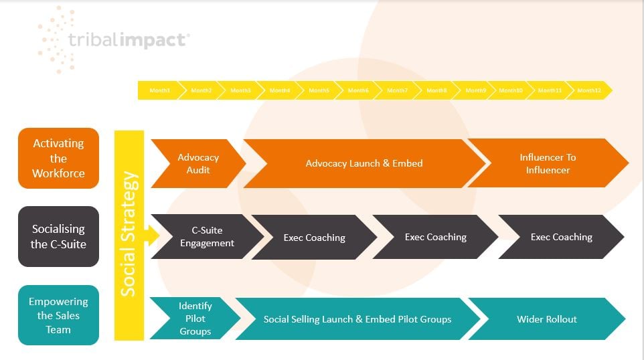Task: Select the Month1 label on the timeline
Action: coord(159,90)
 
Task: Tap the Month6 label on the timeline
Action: coord(358,90)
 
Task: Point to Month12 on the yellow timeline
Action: coord(589,90)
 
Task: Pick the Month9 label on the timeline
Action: coord(475,90)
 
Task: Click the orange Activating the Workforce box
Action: coord(58,158)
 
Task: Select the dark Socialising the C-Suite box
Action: coord(58,237)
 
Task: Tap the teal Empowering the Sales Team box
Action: coord(58,315)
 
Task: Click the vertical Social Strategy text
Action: coord(129,234)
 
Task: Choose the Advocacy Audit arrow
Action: coord(197,163)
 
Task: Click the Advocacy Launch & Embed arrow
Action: coord(364,163)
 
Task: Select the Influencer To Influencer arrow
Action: coord(548,163)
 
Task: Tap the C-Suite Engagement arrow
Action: coord(207,237)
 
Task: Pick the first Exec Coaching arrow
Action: coord(314,237)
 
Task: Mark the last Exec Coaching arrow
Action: coord(561,237)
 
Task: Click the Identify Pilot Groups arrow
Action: coord(195,318)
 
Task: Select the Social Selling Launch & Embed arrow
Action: coord(357,319)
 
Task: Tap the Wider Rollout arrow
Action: coord(546,319)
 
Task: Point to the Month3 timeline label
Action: coord(240,90)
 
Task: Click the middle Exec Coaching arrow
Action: coord(435,237)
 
